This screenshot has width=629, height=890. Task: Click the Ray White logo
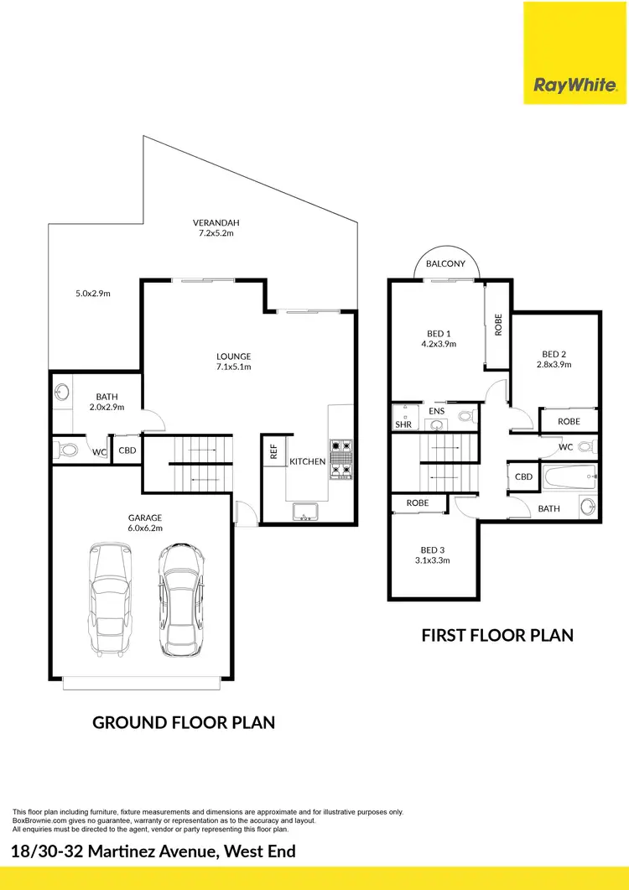pyautogui.click(x=575, y=85)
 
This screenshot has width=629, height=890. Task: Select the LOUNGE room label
pyautogui.click(x=234, y=357)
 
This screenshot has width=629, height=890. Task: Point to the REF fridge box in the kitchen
pyautogui.click(x=273, y=451)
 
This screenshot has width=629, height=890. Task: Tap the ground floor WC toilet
pyautogui.click(x=67, y=450)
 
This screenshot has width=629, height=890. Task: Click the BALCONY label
pyautogui.click(x=445, y=263)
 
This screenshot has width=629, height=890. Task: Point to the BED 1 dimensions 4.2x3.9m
pyautogui.click(x=438, y=344)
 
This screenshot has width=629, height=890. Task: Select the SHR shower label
pyautogui.click(x=404, y=425)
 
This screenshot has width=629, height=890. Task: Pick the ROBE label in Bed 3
pyautogui.click(x=418, y=503)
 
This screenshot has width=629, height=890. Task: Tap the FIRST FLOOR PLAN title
pyautogui.click(x=497, y=635)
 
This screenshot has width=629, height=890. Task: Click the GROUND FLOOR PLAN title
pyautogui.click(x=184, y=722)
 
